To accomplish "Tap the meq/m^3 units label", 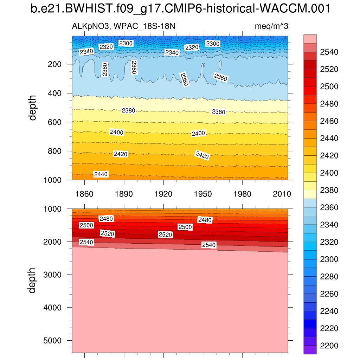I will point(271,26).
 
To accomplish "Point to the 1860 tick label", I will point(84,194).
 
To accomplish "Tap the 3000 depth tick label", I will point(53,275).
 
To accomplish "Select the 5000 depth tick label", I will point(53,341).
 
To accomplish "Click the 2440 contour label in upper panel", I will point(101,174).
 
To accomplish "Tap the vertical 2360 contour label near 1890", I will point(134,67).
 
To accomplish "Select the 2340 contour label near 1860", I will point(86,52).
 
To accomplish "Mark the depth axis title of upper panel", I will point(33,107).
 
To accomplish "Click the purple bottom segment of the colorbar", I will point(310,350).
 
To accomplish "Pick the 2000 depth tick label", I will point(53,242).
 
